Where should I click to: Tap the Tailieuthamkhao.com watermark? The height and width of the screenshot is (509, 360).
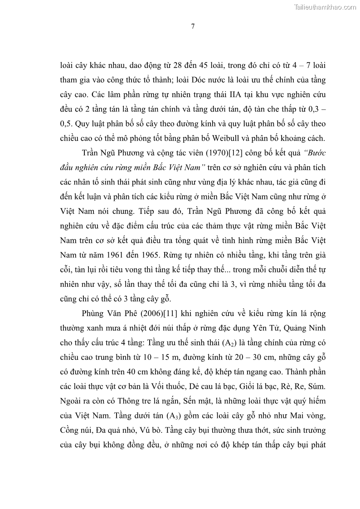326,7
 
